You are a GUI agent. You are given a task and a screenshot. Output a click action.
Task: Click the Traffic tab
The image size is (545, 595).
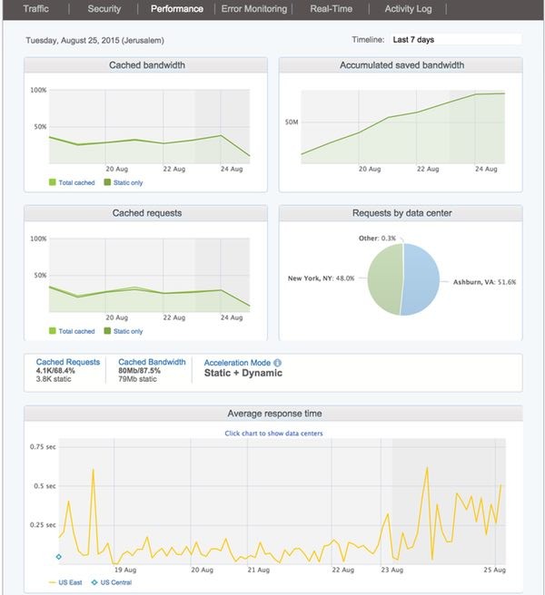coord(36,9)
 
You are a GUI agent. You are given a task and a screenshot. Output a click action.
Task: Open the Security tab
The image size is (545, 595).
coord(104,9)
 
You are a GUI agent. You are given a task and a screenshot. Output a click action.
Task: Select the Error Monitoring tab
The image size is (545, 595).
coord(253,9)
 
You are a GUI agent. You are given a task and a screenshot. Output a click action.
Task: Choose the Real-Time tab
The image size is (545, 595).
coord(332,9)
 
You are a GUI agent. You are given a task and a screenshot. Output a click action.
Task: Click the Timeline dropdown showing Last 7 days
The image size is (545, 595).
coord(454,40)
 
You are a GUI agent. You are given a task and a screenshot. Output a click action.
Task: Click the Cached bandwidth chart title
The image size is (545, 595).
coord(145,65)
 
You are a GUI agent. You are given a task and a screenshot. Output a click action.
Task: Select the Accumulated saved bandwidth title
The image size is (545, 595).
coord(401,65)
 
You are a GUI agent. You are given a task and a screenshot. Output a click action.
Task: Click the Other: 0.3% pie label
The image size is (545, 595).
coord(378,238)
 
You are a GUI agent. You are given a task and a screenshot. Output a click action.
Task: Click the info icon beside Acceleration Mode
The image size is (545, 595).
coord(277,362)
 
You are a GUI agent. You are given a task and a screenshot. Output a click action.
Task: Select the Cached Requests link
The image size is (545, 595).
coord(68,362)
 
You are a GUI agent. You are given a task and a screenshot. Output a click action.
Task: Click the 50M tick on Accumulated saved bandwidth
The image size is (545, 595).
coord(292,121)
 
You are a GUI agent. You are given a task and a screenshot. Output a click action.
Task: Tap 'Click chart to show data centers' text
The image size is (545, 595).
coord(273,434)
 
